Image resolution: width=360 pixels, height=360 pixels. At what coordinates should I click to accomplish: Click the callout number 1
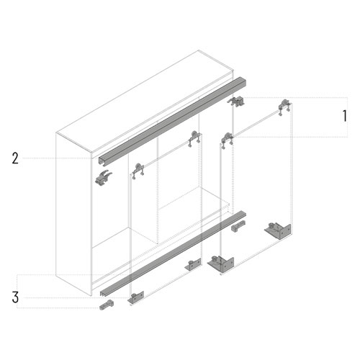pyautogui.click(x=345, y=116)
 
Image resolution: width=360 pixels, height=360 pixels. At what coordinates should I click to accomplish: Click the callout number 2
pyautogui.click(x=15, y=158)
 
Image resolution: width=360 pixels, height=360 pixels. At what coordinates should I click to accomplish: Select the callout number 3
pyautogui.click(x=15, y=297)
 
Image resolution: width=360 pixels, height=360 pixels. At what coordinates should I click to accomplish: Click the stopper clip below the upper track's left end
pyautogui.click(x=104, y=178)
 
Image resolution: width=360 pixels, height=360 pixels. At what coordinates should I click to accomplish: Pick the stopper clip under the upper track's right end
pyautogui.click(x=237, y=102)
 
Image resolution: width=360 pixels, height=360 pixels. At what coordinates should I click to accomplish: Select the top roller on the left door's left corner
pyautogui.click(x=138, y=170)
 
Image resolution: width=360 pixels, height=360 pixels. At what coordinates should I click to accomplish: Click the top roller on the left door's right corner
pyautogui.click(x=194, y=138)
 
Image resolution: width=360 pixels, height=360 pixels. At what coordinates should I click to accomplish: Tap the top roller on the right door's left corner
pyautogui.click(x=227, y=140)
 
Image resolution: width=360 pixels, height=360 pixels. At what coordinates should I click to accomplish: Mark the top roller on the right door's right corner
pyautogui.click(x=284, y=107)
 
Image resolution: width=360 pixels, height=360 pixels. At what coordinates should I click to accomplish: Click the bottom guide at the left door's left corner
pyautogui.click(x=136, y=297)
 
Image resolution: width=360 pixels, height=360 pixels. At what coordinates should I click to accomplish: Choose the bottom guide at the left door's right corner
pyautogui.click(x=193, y=264)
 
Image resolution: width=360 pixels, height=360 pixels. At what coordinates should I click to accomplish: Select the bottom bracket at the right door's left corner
pyautogui.click(x=221, y=264)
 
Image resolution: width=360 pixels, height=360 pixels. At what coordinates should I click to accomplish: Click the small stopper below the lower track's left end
pyautogui.click(x=107, y=305)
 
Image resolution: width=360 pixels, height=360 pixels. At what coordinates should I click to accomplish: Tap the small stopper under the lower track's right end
pyautogui.click(x=238, y=225)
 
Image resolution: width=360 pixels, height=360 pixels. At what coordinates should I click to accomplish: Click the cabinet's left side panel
pyautogui.click(x=73, y=214)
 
